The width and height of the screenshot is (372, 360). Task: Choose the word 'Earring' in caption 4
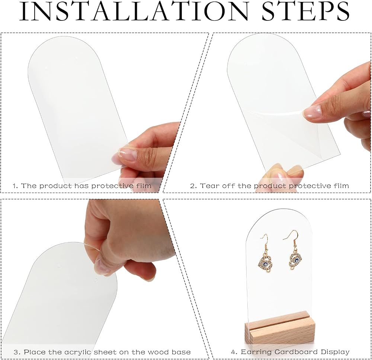257,352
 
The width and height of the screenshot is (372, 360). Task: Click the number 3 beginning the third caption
16,352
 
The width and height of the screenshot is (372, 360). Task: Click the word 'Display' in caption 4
335,352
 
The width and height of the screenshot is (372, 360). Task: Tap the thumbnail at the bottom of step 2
277,173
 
